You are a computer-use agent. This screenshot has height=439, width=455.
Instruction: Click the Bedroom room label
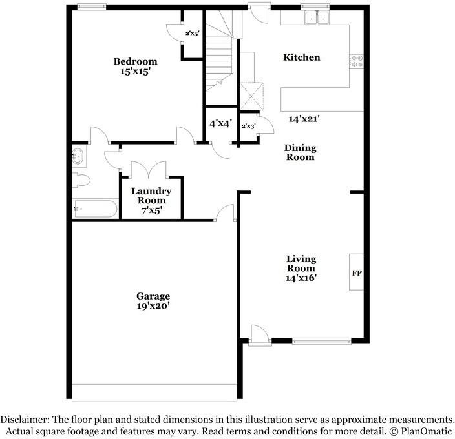point(135,61)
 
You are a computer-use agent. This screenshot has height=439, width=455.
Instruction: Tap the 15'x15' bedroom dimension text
point(135,71)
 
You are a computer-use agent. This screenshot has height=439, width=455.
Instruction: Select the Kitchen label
point(302,57)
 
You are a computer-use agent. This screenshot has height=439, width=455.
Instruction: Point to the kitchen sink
point(317,18)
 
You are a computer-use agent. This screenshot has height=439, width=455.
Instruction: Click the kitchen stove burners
point(356,61)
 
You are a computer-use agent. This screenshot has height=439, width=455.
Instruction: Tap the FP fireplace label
point(357,273)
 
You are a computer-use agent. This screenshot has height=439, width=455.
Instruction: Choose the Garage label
point(153,296)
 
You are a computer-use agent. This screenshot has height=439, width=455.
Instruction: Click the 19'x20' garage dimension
point(153,306)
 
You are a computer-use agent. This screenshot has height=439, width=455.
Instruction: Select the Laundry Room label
point(151,196)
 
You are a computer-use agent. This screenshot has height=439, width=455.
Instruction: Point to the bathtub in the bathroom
point(96,209)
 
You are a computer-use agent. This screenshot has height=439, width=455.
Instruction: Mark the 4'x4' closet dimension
point(221,124)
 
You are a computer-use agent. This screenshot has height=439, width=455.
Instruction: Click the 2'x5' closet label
point(193,34)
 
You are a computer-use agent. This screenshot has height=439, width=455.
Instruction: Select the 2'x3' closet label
point(248,127)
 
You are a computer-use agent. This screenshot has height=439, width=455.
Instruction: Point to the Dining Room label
point(301,152)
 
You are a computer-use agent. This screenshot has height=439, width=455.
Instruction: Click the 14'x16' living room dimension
point(301,278)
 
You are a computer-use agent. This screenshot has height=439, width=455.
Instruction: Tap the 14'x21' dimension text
point(304,119)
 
